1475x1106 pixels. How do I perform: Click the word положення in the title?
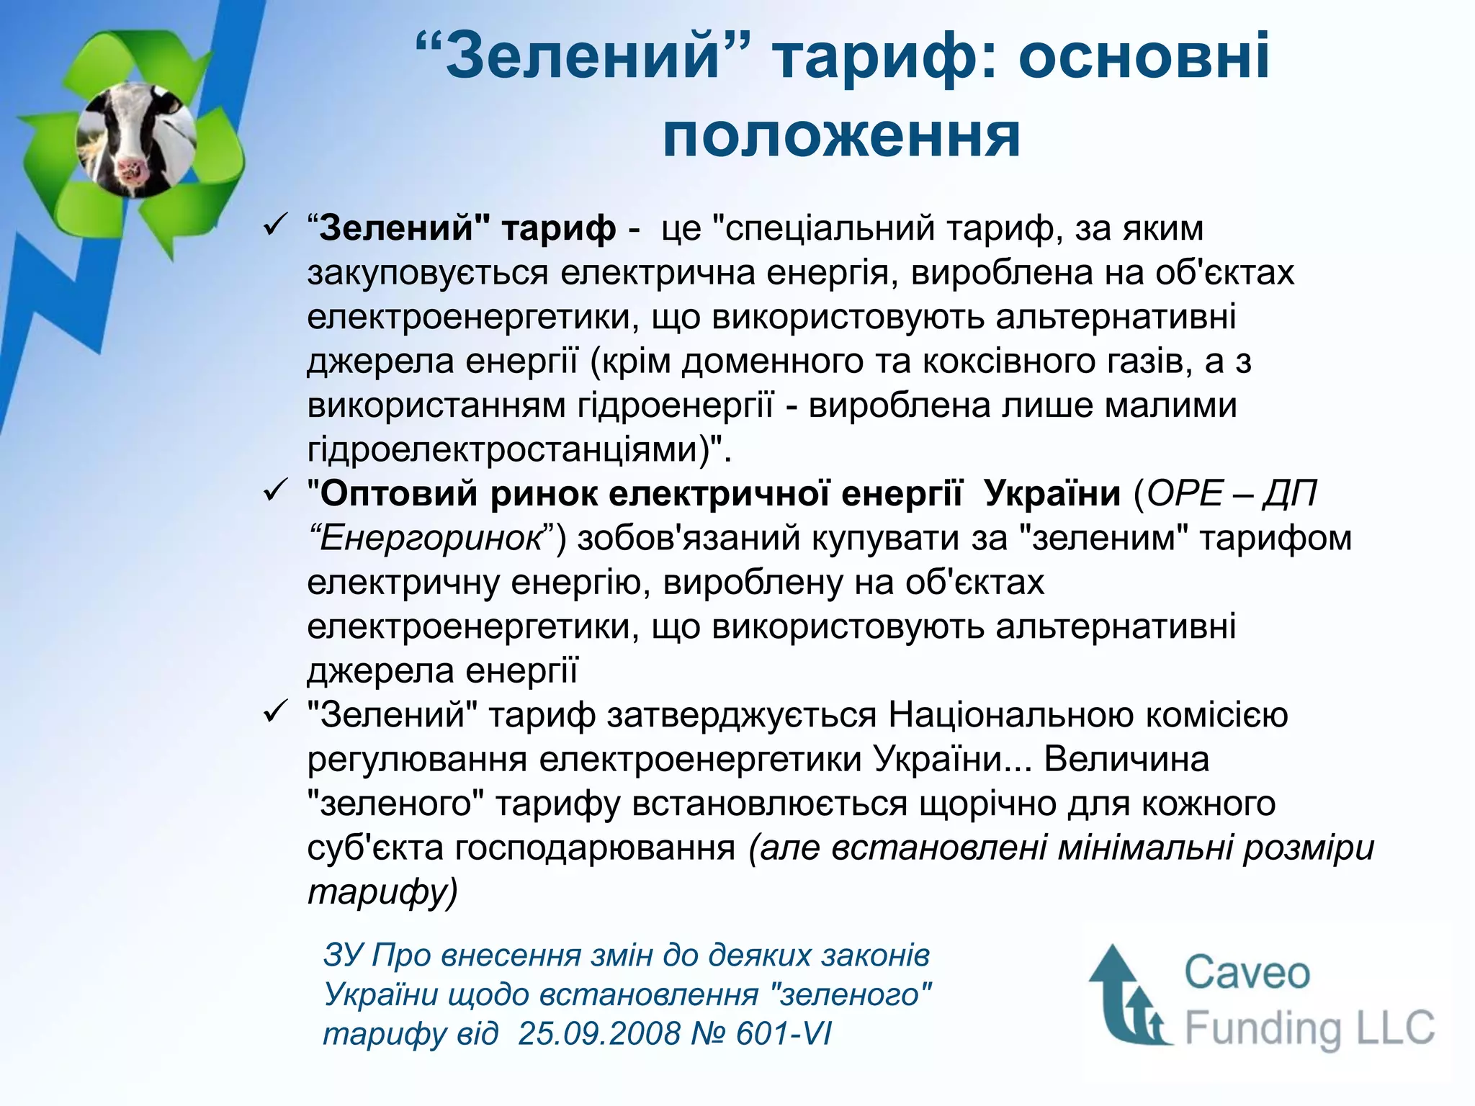841,137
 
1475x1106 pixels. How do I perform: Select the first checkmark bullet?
275,227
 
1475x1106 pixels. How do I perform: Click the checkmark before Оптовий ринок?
275,493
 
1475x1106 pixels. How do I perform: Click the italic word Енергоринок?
430,539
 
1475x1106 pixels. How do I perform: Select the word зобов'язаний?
689,539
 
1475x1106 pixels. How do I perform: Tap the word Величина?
1126,760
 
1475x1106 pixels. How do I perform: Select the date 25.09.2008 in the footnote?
599,1034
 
